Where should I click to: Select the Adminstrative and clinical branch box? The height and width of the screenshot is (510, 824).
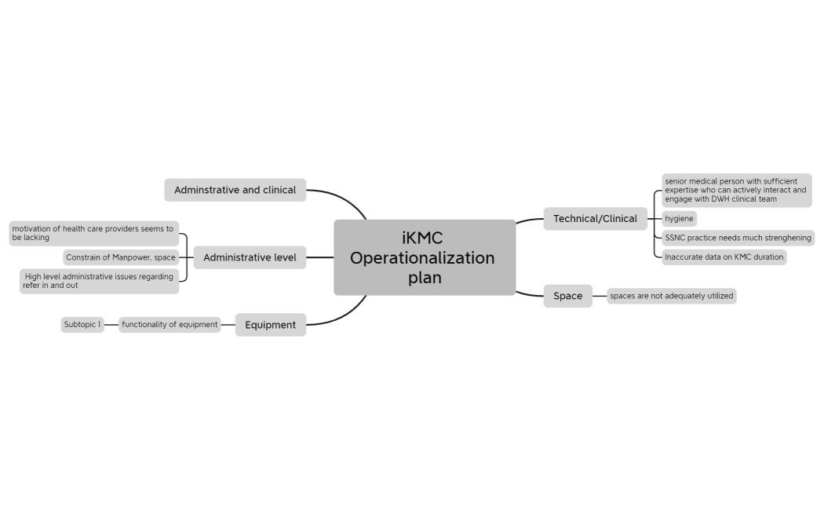pos(235,190)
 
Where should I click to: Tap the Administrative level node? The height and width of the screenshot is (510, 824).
pos(250,257)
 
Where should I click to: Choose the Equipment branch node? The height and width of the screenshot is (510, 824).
pos(270,325)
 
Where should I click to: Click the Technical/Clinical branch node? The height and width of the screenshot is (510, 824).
pos(595,219)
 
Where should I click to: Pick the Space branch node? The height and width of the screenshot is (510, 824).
pos(567,296)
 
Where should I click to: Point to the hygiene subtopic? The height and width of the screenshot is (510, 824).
pos(679,219)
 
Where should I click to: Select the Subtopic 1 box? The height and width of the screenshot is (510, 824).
pos(82,325)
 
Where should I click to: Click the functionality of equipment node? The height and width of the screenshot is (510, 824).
pos(170,325)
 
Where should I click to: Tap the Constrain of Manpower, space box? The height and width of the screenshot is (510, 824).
pos(121,257)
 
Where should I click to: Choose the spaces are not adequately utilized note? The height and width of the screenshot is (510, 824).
pos(671,296)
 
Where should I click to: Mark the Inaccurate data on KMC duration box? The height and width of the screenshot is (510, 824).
pos(723,257)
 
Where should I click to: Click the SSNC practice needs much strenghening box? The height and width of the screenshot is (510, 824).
pos(738,238)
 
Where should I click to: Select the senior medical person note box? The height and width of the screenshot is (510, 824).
pos(735,190)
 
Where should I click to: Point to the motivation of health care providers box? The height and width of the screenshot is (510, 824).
pos(93,233)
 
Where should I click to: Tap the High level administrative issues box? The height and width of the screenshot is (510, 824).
pos(99,281)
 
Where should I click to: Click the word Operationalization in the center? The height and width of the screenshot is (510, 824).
pos(422,258)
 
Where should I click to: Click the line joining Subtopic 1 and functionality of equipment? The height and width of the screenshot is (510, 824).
pos(111,325)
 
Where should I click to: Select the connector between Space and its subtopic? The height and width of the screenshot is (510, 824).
pos(600,296)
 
